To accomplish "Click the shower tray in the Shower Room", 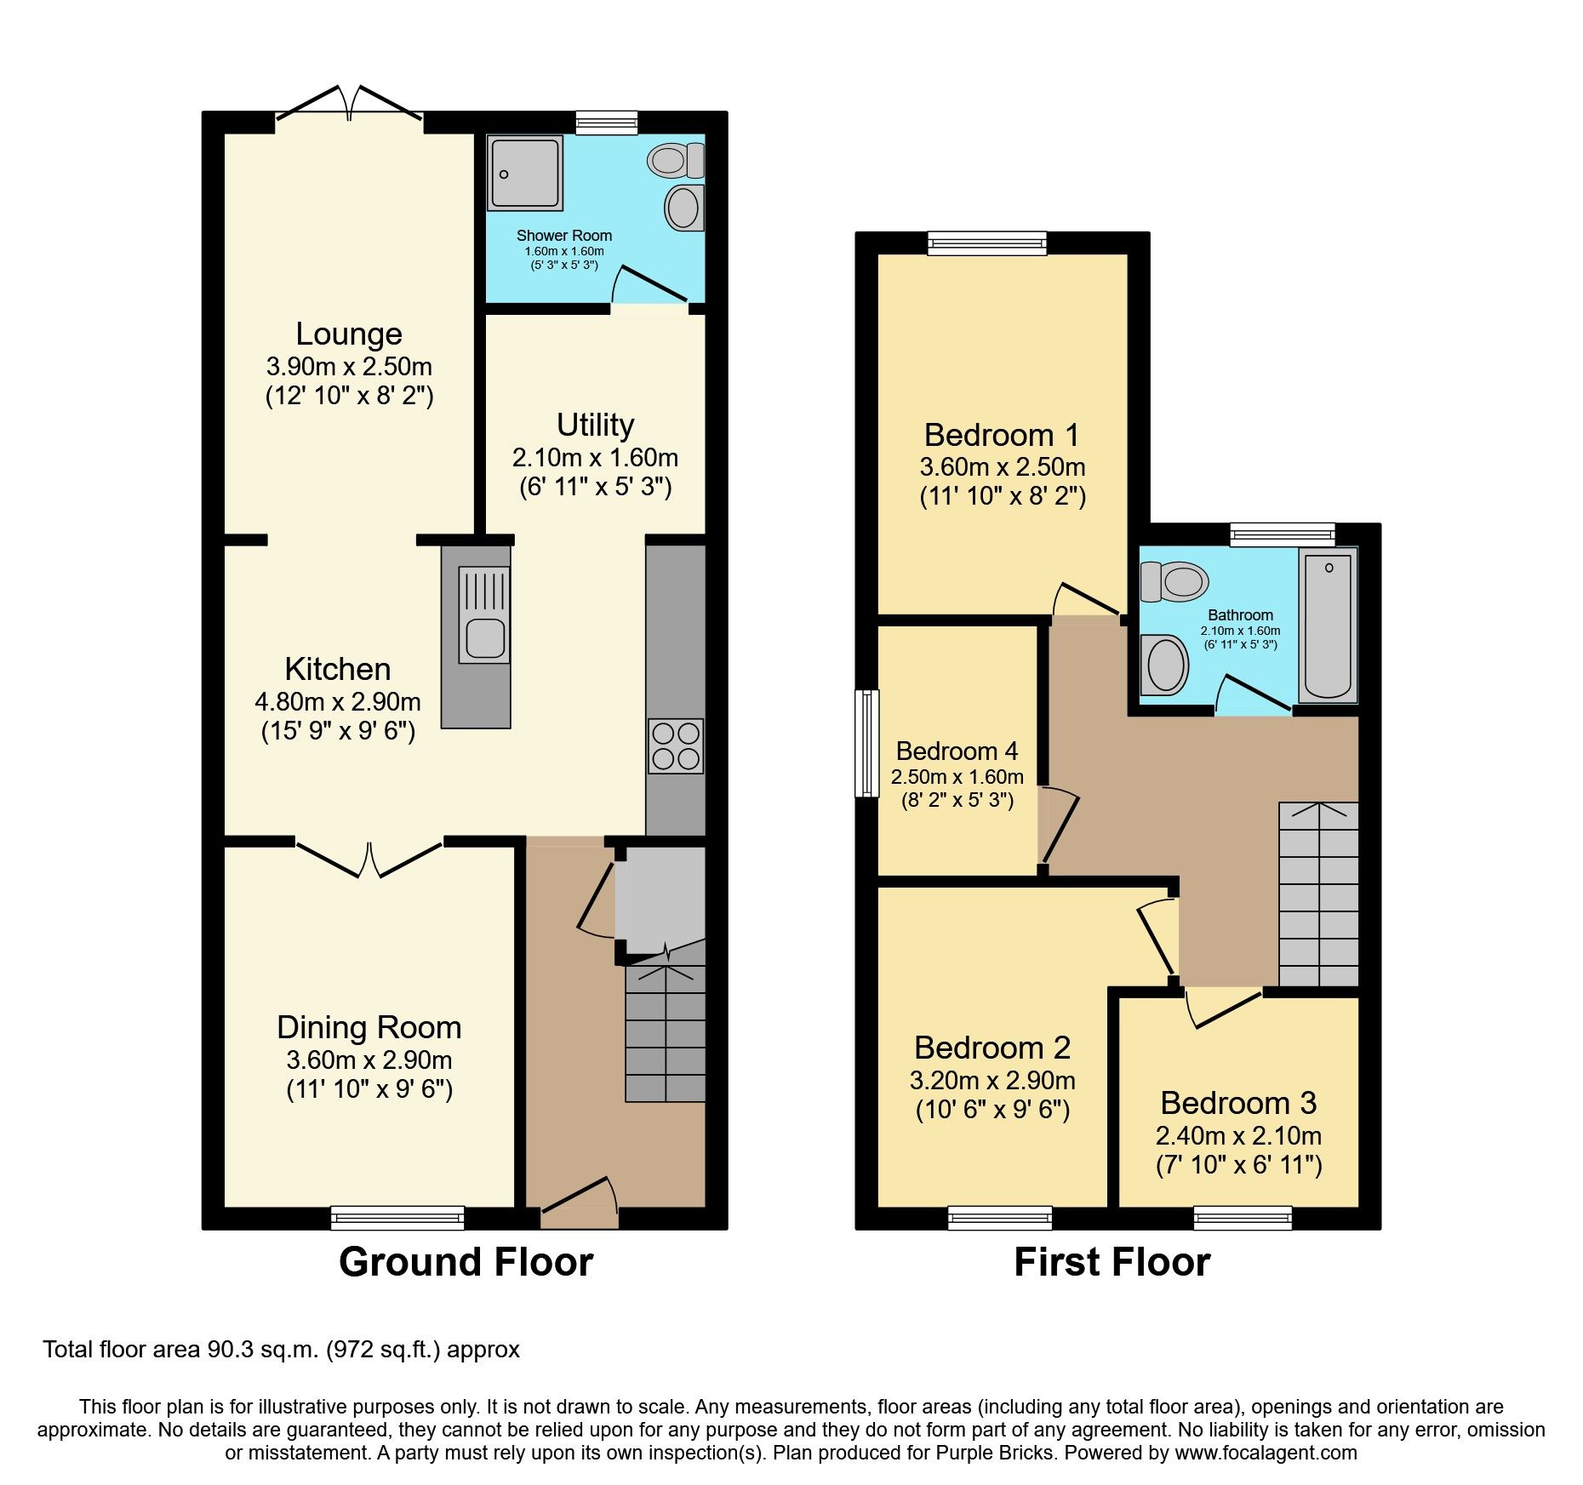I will [x=525, y=174].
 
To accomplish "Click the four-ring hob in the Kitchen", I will [x=676, y=745].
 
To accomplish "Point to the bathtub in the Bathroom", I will [x=1328, y=625].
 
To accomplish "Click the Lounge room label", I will [x=349, y=334].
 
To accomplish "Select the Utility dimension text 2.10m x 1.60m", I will [x=595, y=458].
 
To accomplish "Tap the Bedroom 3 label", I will [x=1238, y=1103].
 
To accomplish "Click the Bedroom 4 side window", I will [x=867, y=743].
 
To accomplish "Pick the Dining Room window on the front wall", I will [x=397, y=1219].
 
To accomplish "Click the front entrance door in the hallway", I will [x=579, y=1200].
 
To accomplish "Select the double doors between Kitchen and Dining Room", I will [x=369, y=860].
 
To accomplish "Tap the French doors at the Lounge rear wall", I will [x=349, y=104].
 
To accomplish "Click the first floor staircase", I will [x=1318, y=894].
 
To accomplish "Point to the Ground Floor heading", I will [x=466, y=1262].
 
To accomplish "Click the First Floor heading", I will [x=1112, y=1262].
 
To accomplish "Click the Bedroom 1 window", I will [x=987, y=244].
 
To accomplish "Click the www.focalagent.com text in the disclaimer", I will [x=1266, y=1453].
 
